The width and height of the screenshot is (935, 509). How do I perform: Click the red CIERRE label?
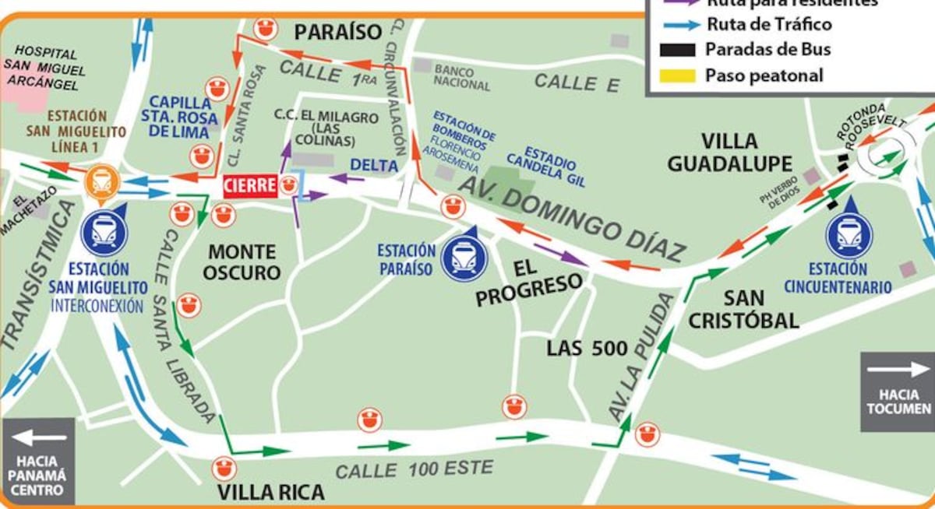(x=250, y=186)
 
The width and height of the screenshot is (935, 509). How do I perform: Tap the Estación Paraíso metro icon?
(x=464, y=258)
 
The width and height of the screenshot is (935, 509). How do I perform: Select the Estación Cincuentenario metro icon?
(x=849, y=234)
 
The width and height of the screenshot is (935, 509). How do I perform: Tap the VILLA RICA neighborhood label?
(x=270, y=493)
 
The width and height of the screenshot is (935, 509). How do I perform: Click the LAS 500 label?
(x=587, y=348)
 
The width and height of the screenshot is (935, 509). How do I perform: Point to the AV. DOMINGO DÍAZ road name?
(x=573, y=217)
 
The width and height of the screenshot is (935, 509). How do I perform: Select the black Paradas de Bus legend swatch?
(x=678, y=50)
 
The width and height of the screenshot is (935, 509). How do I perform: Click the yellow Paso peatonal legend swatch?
(x=678, y=75)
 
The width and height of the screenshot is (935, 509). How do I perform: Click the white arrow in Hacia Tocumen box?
(x=897, y=371)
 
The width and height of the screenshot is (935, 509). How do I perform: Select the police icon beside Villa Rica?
(x=224, y=469)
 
